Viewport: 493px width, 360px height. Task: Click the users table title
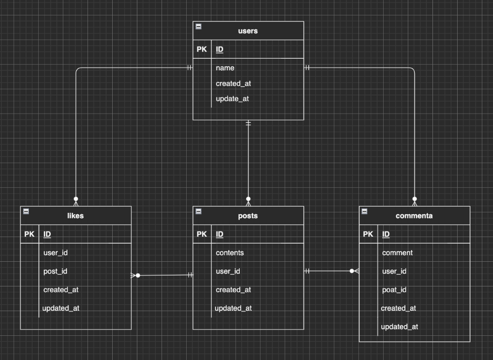[x=248, y=31]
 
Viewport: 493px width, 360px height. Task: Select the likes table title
[x=75, y=216]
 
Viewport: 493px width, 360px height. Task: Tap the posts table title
[x=248, y=216]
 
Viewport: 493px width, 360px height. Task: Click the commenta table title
[x=414, y=216]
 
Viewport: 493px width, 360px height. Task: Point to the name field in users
[x=225, y=68]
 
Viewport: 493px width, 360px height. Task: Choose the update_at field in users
[x=232, y=99]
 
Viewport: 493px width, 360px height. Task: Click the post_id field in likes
[x=55, y=271]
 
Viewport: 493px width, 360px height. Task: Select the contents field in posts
[x=230, y=253]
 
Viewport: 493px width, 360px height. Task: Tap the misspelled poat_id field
[x=394, y=290]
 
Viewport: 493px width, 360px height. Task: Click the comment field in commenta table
[x=397, y=253]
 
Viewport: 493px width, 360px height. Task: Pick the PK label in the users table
[x=202, y=49]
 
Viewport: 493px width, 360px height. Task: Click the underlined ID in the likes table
[x=47, y=234]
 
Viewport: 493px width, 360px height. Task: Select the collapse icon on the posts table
[x=198, y=211]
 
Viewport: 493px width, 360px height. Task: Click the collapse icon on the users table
[x=198, y=27]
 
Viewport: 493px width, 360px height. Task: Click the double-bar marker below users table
[x=248, y=123]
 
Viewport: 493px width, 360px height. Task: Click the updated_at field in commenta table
[x=399, y=327]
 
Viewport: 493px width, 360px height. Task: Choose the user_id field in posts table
[x=228, y=271]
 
